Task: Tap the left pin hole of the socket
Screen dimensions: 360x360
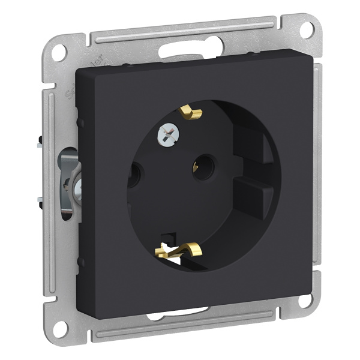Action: coord(134,176)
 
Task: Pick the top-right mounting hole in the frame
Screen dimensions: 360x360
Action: coord(306,28)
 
